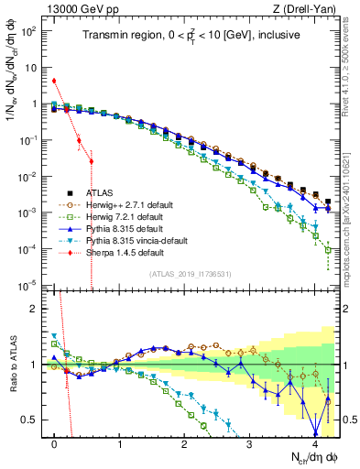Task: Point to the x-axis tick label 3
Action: (x=249, y=442)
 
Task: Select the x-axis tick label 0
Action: (x=55, y=442)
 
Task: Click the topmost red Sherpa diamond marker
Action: (x=55, y=81)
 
